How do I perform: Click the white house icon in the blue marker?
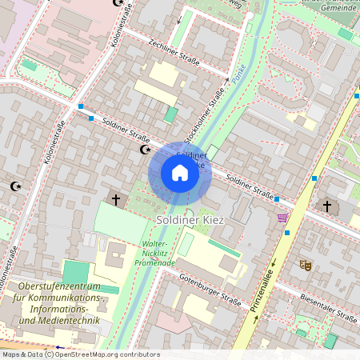180,173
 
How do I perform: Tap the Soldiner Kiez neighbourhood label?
190,219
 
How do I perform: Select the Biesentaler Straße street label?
329,307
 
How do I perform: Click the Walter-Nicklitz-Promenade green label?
154,253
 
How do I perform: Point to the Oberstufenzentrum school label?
59,303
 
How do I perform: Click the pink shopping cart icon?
282,218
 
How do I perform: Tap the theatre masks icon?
304,264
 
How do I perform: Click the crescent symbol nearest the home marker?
145,149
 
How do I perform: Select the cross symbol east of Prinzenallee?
326,206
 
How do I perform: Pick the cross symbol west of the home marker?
115,198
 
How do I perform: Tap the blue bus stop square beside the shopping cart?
287,232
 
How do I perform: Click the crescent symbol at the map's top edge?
120,3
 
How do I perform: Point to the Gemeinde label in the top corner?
334,7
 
